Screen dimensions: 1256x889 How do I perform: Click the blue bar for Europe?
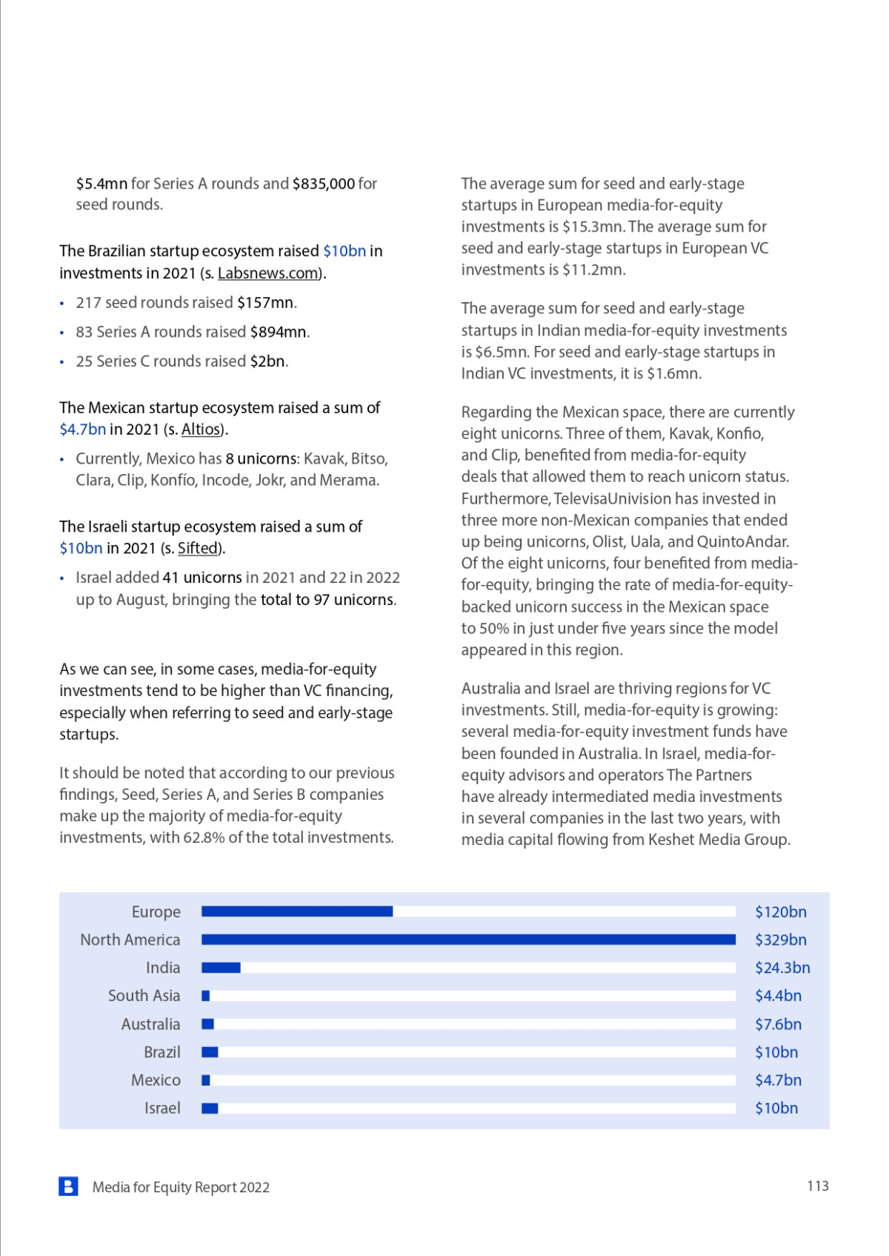point(297,912)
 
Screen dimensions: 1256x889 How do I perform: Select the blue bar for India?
point(221,968)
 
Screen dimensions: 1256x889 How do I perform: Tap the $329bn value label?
point(780,940)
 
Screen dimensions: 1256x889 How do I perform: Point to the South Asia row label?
point(144,996)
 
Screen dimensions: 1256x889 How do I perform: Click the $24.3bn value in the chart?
point(782,968)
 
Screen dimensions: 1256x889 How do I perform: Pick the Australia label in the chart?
point(150,1024)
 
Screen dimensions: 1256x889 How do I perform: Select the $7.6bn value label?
point(778,1024)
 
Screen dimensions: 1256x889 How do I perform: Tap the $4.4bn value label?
point(778,996)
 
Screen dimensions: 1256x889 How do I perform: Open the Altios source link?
point(202,430)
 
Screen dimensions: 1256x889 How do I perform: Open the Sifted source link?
point(198,549)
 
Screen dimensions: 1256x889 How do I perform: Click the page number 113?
point(818,1186)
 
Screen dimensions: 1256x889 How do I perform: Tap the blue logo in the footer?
point(68,1186)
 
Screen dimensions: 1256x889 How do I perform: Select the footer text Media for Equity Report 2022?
point(181,1187)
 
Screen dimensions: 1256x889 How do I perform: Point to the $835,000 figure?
point(324,184)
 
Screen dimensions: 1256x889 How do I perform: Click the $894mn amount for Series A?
point(278,333)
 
